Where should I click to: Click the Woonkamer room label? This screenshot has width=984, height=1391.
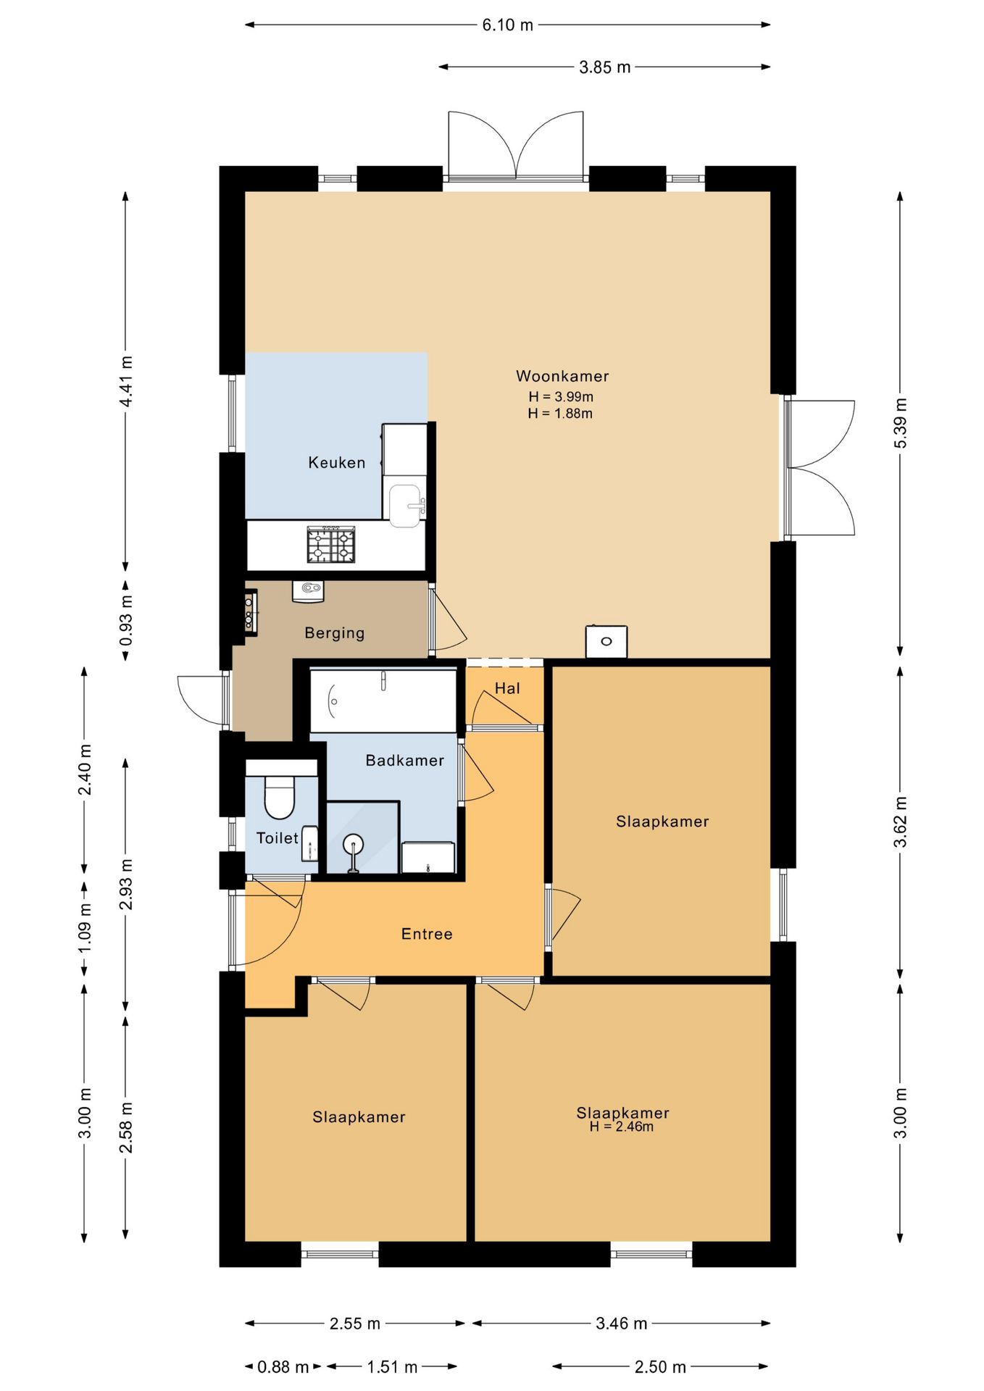562,376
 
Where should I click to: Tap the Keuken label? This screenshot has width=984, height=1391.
337,462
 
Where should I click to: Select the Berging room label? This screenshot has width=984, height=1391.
334,633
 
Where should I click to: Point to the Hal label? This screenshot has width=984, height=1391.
507,688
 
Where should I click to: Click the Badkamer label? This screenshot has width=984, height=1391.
404,760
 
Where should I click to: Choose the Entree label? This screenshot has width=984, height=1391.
427,934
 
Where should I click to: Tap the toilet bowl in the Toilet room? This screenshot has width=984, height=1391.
280,797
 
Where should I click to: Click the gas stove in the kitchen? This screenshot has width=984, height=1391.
331,544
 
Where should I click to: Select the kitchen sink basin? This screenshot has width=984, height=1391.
405,505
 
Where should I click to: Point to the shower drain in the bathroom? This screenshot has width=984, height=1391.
354,843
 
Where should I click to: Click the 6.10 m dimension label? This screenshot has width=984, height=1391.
508,25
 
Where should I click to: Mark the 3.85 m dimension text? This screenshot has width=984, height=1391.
605,67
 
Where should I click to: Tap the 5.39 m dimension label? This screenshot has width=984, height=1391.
900,423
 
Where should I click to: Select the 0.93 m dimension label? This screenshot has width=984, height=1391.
126,620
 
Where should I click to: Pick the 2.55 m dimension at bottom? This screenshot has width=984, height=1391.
355,1324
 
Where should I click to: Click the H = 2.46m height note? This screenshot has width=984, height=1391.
622,1127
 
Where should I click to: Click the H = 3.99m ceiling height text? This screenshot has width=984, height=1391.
561,396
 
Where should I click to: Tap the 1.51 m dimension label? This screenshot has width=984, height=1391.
392,1367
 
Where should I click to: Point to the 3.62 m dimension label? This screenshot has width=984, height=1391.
900,822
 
